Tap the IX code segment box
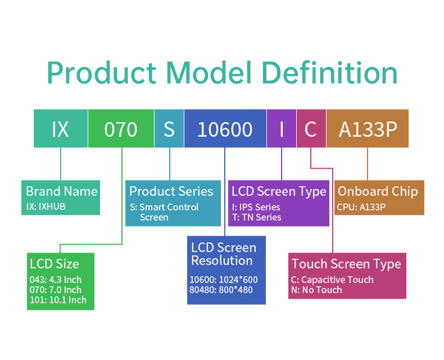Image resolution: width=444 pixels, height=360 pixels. click(60, 129)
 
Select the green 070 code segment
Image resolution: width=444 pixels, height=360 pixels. click(121, 129)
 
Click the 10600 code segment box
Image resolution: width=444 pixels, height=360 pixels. click(225, 129)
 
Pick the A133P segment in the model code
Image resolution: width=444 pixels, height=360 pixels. click(368, 129)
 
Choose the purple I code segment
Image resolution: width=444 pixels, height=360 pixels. click(281, 129)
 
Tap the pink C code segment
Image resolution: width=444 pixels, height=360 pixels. click(311, 129)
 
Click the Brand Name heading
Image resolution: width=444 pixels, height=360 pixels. click(61, 191)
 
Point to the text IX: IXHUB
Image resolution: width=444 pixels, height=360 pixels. click(46, 206)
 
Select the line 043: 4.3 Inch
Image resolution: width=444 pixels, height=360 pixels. click(55, 280)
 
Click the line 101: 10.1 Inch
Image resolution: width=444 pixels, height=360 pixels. click(58, 300)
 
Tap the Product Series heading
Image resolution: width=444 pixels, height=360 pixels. click(171, 191)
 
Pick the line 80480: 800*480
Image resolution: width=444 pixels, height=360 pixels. click(221, 290)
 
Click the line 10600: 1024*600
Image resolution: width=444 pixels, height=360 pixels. click(223, 280)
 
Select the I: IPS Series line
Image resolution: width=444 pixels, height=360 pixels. click(256, 207)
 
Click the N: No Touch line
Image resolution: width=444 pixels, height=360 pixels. click(316, 290)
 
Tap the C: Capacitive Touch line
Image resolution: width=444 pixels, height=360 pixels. click(332, 280)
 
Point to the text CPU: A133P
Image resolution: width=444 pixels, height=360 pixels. click(361, 206)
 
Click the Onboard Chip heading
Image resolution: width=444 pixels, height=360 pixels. click(378, 191)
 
